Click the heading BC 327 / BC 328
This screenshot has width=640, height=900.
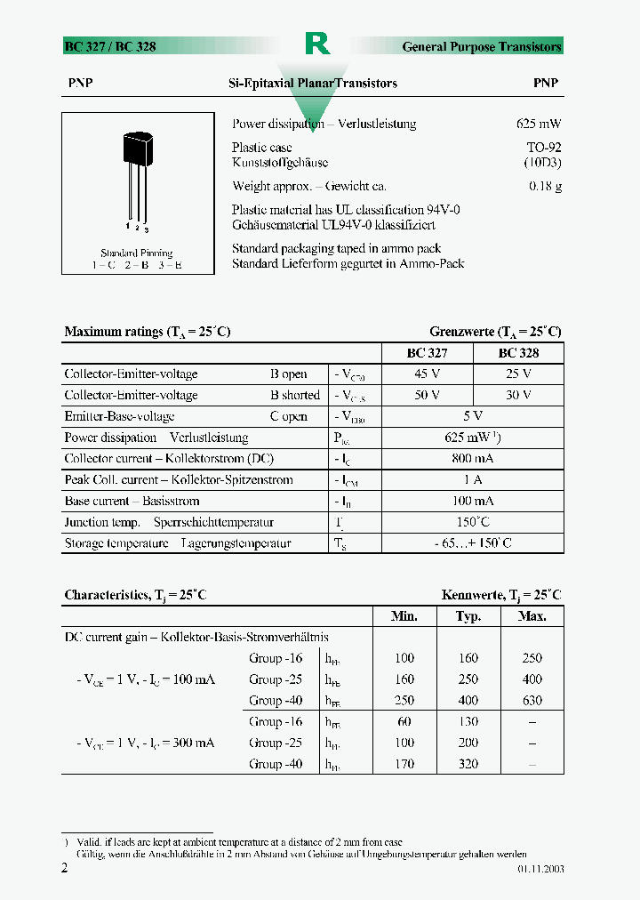110,46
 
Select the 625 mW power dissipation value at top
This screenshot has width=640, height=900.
539,125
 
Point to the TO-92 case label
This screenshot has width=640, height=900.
543,148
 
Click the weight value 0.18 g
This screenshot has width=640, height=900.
545,187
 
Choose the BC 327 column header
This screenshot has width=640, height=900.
428,353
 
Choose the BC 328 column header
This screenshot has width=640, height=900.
518,353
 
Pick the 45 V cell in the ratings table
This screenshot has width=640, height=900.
428,374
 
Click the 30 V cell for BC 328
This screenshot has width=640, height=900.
518,395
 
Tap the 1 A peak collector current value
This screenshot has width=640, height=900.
473,480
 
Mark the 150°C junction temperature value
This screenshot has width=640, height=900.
473,522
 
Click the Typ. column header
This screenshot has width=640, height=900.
468,616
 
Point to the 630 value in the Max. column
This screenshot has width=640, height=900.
532,701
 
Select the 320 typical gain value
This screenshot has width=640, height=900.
468,764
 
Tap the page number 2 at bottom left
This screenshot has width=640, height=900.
64,868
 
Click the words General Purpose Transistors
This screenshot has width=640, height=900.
482,46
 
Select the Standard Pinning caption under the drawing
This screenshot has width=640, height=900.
136,253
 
